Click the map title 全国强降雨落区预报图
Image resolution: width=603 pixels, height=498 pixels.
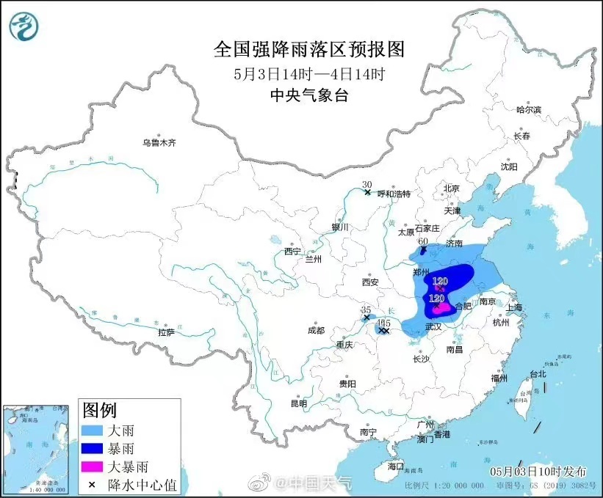308,49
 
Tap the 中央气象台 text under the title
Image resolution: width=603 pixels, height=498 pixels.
308,95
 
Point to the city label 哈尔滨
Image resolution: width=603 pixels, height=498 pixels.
528,109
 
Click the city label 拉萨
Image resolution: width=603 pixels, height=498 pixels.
166,332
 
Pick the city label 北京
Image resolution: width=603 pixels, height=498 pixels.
451,188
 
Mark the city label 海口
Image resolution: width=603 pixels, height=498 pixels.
396,466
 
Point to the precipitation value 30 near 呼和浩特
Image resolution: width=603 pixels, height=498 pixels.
367,185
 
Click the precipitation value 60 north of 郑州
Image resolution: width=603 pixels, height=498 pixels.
423,241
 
